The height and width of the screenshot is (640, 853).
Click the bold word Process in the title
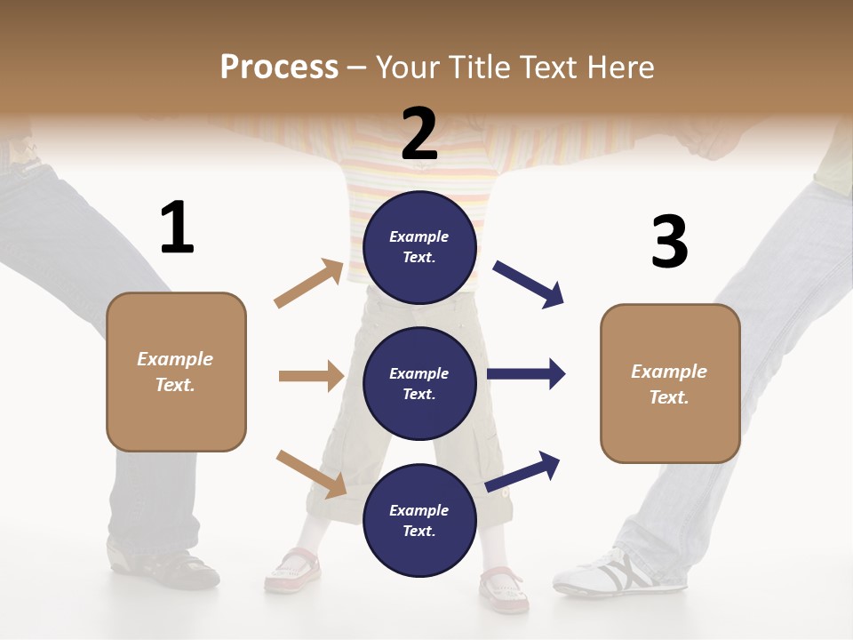pyautogui.click(x=279, y=67)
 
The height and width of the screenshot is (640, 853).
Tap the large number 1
pyautogui.click(x=177, y=228)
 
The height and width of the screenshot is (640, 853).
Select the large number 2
pyautogui.click(x=419, y=134)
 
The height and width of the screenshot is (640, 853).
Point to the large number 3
pyautogui.click(x=669, y=242)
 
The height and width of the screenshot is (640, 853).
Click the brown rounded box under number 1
pyautogui.click(x=176, y=372)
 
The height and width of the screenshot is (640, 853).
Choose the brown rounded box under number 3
pyautogui.click(x=670, y=383)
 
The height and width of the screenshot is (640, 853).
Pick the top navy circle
pyautogui.click(x=419, y=247)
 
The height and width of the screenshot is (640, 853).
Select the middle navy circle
pyautogui.click(x=419, y=383)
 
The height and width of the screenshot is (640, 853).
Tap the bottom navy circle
pyautogui.click(x=419, y=520)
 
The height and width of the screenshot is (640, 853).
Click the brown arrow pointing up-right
pyautogui.click(x=308, y=284)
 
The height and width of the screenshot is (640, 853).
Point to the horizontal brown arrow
pyautogui.click(x=311, y=376)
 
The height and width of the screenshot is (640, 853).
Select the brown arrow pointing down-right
pyautogui.click(x=311, y=474)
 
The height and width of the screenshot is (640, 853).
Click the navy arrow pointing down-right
pyautogui.click(x=529, y=284)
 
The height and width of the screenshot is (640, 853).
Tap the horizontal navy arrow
pyautogui.click(x=526, y=373)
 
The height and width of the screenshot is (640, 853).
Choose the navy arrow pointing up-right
pyautogui.click(x=523, y=471)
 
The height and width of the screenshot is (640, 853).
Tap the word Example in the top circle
pyautogui.click(x=419, y=236)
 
